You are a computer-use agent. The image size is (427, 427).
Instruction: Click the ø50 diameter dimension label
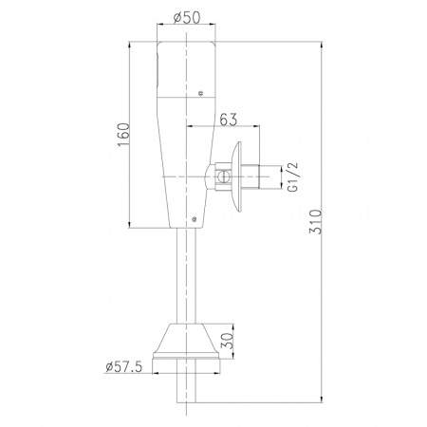pos(187,17)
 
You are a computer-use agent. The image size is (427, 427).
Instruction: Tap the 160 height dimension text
pos(123,135)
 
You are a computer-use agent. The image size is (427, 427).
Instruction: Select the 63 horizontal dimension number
pos(228,120)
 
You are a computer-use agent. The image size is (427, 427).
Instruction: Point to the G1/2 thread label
pos(293,176)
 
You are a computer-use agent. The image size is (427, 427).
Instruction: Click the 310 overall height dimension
pos(315,221)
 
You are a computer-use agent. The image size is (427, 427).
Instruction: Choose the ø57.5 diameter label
pos(124,367)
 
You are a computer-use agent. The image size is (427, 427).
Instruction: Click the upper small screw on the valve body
pos(200,93)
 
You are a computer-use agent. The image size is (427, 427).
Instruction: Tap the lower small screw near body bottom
pos(195,218)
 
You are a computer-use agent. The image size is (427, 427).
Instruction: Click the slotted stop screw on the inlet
pos(223,176)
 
